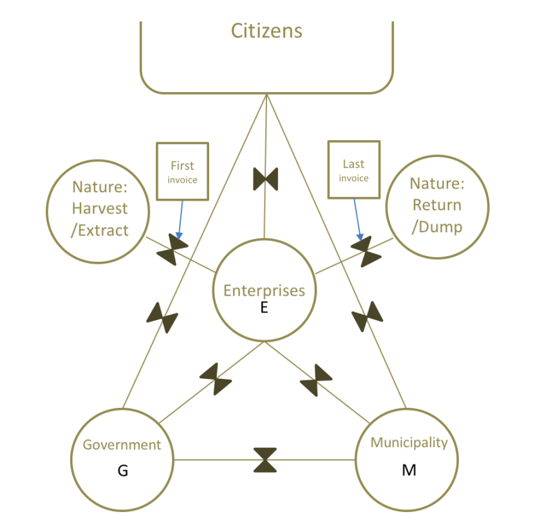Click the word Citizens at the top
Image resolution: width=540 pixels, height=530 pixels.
coord(266,30)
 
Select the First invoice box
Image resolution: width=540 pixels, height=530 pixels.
coord(182,171)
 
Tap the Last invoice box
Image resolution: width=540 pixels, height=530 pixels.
coord(354,170)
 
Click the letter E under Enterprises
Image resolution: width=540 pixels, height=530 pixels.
coord(264,308)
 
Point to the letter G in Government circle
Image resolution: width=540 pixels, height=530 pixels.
coord(123,471)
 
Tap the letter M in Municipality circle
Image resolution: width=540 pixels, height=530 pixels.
coord(409,470)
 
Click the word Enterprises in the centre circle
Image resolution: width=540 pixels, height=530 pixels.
coord(264,290)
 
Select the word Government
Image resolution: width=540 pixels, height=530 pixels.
coord(122,444)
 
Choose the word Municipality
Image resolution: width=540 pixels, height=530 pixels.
coord(409,443)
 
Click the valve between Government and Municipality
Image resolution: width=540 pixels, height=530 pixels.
coord(265,460)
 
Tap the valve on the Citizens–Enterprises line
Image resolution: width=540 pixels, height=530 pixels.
coord(265,179)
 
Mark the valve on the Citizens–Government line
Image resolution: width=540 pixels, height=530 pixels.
coord(162,318)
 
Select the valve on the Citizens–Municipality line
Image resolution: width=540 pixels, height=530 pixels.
coord(368,316)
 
